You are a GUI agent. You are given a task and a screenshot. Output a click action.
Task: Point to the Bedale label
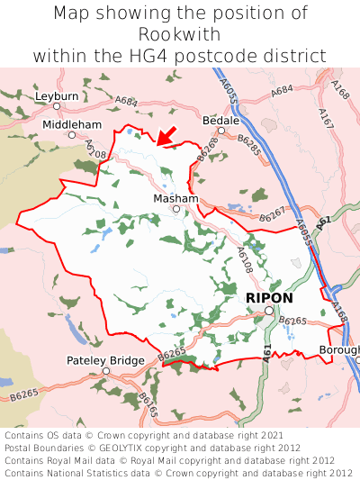click(x=220, y=119)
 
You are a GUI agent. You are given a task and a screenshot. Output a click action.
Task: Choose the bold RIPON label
click(x=269, y=297)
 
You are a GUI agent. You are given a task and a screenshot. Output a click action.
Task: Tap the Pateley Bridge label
click(x=105, y=360)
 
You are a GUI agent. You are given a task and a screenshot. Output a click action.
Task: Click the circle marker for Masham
click(x=176, y=209)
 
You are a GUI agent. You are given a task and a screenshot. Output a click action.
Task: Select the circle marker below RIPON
click(x=269, y=311)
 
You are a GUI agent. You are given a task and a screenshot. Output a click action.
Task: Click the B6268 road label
click(x=208, y=151)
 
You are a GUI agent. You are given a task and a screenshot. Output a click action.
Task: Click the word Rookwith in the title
click(x=180, y=34)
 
